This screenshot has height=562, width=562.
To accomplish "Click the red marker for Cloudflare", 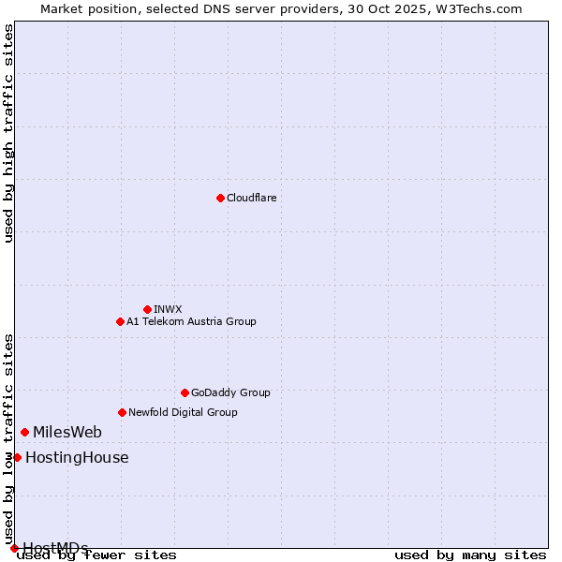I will click(220, 198).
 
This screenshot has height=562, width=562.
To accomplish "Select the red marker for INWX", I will click(147, 309).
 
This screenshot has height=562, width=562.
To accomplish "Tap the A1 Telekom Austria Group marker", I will click(120, 321).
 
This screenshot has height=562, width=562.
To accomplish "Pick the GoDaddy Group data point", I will click(185, 392).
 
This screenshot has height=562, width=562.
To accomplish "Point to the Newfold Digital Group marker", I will click(122, 412).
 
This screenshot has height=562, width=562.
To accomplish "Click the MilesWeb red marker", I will click(24, 432).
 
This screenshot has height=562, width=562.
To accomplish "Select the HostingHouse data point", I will click(17, 457).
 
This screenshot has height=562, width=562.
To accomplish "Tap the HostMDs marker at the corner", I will click(14, 548).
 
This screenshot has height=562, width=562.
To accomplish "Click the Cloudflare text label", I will click(251, 198).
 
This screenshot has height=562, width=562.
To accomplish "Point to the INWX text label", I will click(168, 309).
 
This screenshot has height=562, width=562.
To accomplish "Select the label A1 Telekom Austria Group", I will click(191, 321).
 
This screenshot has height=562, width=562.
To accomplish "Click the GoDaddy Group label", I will click(230, 392).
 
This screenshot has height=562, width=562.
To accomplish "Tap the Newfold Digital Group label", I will click(183, 412).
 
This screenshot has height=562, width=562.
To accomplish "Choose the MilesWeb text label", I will click(67, 432).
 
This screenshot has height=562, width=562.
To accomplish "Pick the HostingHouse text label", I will click(77, 457).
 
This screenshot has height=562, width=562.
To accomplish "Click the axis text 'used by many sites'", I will click(470, 555).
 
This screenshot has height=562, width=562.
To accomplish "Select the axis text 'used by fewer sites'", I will click(97, 555).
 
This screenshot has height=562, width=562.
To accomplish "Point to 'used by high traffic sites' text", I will click(8, 133).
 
